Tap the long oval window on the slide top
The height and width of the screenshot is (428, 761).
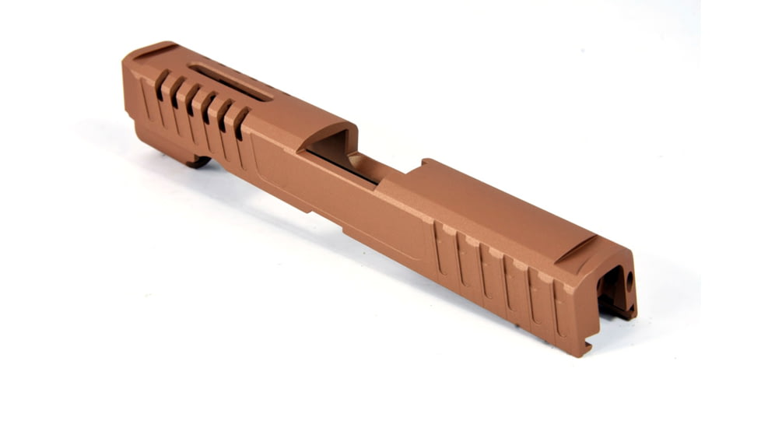230,82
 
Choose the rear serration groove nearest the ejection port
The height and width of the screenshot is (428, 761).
440,247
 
